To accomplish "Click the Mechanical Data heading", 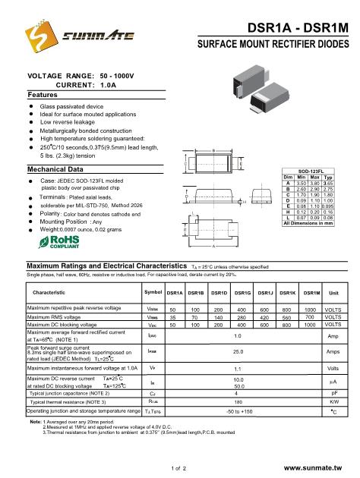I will (x=55, y=168).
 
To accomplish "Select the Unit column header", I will (x=333, y=292).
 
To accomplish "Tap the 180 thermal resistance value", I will (x=238, y=401).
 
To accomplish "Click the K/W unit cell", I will (x=333, y=401).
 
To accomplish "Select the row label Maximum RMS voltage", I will (x=58, y=317).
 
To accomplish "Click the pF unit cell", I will (x=333, y=393).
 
